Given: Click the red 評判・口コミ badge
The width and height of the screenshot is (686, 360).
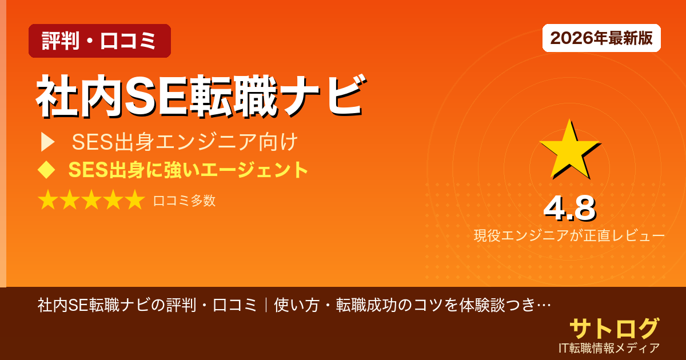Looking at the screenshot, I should pos(99,41).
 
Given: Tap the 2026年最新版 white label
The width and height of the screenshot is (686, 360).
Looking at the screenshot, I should pos(601,38).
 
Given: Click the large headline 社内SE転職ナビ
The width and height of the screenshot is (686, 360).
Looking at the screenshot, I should pos(200,97).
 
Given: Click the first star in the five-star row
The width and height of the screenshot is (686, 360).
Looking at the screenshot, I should pos(48,201).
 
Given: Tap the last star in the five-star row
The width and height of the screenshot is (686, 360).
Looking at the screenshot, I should pos(135,201).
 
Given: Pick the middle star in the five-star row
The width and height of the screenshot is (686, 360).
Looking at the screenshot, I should pos(91,201).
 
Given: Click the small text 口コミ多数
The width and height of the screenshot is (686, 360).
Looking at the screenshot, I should pos(185,201).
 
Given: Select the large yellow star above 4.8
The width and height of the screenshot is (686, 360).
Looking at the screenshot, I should pos(569,150).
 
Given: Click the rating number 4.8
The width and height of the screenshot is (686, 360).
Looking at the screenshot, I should pos(569,209).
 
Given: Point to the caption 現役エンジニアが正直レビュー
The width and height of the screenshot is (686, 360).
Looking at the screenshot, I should pos(569,235).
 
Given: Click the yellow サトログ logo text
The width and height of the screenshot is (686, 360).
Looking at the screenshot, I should pos(614,328).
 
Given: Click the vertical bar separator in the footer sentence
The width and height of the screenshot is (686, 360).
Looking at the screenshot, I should pos(266,305).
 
